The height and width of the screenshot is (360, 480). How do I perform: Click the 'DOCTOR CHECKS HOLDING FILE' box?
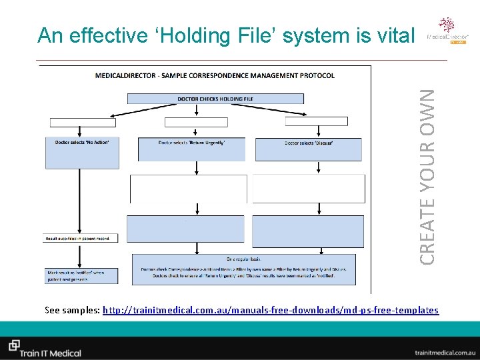click(x=215, y=99)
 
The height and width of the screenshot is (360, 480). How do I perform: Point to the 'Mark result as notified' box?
click(x=83, y=275)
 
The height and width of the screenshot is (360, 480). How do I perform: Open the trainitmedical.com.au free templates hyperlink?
click(x=271, y=310)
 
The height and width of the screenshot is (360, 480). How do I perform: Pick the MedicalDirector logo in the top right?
click(x=447, y=30)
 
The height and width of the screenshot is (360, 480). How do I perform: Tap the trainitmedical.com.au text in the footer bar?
click(x=443, y=351)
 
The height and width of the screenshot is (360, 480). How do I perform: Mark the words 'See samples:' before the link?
click(x=73, y=310)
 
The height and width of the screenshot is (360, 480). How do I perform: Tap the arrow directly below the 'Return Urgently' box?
click(x=195, y=167)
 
